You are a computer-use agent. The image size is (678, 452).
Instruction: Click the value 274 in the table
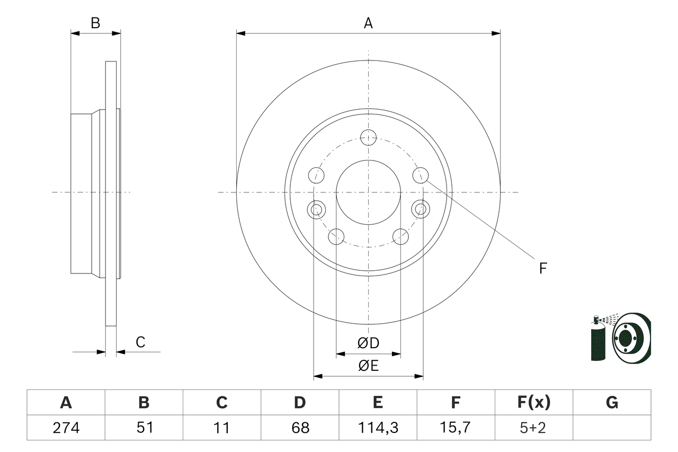tap(66, 428)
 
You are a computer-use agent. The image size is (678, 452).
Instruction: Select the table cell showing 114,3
tap(378, 428)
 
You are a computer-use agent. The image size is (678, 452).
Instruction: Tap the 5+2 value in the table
tap(534, 428)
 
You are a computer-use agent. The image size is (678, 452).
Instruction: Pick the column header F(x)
tap(534, 403)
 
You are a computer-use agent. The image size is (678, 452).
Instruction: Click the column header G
tap(612, 403)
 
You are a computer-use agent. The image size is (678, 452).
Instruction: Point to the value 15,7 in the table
tap(456, 428)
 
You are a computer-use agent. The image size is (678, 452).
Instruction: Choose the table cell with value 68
tap(300, 428)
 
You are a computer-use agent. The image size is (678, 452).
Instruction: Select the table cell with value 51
tap(144, 428)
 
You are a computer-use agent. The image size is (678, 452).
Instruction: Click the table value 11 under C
tap(221, 428)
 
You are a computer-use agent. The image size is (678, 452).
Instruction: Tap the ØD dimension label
tap(368, 343)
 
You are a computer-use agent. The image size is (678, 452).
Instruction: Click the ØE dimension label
tap(368, 366)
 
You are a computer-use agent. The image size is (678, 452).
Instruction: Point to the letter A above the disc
tap(368, 23)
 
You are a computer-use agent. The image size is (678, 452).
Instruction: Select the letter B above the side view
tap(95, 23)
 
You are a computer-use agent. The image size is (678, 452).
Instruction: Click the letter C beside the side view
tap(140, 342)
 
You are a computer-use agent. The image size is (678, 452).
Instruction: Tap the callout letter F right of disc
tap(542, 268)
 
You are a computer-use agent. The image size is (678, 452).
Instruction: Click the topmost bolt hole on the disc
tap(368, 137)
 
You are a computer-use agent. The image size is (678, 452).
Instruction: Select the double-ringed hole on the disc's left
tap(316, 209)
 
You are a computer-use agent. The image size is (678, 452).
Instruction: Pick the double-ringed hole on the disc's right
tap(421, 209)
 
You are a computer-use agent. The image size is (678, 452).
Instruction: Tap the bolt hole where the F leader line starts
tap(421, 174)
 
